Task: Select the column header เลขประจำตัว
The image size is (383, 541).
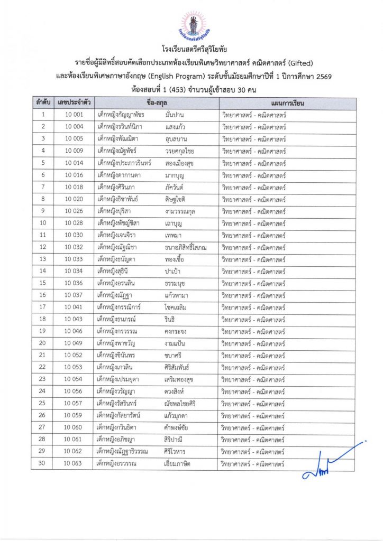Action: point(74,103)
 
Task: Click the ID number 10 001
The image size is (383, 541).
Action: point(74,115)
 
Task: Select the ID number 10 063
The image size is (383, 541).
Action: point(74,464)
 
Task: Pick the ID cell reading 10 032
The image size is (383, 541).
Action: point(74,247)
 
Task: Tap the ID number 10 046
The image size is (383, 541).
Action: point(74,331)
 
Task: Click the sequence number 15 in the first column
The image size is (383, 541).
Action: point(43,283)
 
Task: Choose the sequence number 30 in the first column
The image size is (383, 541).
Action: point(43,464)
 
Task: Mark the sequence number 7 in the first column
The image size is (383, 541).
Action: point(43,187)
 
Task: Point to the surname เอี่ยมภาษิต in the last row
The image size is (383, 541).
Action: point(180,464)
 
